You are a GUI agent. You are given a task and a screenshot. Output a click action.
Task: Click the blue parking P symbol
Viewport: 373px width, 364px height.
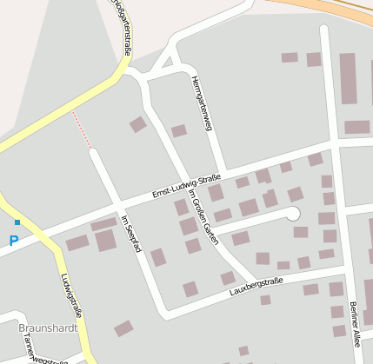tap(13, 241)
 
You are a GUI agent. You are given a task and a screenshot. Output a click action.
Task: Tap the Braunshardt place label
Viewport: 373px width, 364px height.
tap(48, 328)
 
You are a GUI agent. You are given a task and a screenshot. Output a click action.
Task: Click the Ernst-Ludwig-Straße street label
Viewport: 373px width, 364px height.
tap(186, 186)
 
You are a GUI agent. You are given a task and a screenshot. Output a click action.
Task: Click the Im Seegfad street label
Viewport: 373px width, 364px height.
tap(131, 234)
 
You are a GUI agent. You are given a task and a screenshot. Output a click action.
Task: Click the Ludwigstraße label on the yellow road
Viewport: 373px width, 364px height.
tap(72, 295)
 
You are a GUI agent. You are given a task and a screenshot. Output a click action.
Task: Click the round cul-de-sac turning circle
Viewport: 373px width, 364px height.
tap(293, 213)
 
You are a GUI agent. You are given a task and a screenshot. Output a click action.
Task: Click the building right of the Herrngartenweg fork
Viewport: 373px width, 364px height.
tap(178, 131)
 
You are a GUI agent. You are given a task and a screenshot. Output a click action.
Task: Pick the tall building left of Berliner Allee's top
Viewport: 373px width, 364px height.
tap(348, 78)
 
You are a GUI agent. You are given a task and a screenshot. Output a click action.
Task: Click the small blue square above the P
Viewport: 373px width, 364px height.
tap(17, 223)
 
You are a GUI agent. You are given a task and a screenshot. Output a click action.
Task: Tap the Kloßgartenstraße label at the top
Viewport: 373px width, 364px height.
tap(122, 26)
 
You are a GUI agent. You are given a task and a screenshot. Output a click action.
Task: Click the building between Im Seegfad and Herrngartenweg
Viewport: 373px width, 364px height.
tap(138, 124)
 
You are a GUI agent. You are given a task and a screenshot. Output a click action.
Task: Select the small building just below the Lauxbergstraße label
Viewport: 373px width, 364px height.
tap(265, 300)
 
